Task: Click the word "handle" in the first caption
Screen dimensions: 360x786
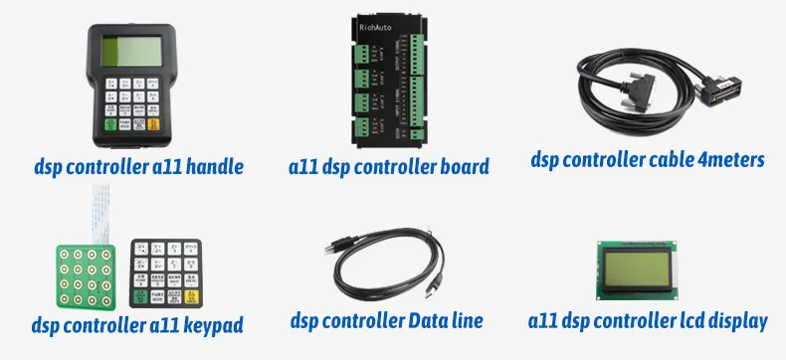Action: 213,165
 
